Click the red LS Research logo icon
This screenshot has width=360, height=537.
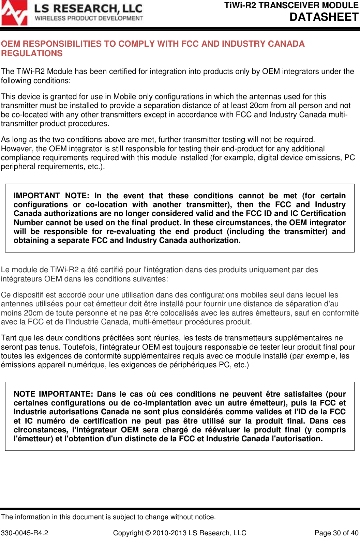tap(14, 13)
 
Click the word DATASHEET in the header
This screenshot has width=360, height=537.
tap(324, 17)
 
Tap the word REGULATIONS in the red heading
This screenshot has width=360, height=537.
tap(32, 53)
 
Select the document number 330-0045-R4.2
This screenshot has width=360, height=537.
tap(25, 533)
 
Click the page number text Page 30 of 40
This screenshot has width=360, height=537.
tap(336, 533)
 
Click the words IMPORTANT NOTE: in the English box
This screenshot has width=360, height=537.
tap(51, 196)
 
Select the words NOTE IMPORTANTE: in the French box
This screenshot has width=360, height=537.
tap(53, 394)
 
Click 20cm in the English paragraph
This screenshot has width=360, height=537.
tap(259, 106)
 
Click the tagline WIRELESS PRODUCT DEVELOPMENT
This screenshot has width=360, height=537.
tap(89, 18)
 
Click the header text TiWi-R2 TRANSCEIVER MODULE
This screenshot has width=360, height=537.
tap(291, 5)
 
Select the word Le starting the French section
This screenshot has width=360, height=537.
tap(5, 270)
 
